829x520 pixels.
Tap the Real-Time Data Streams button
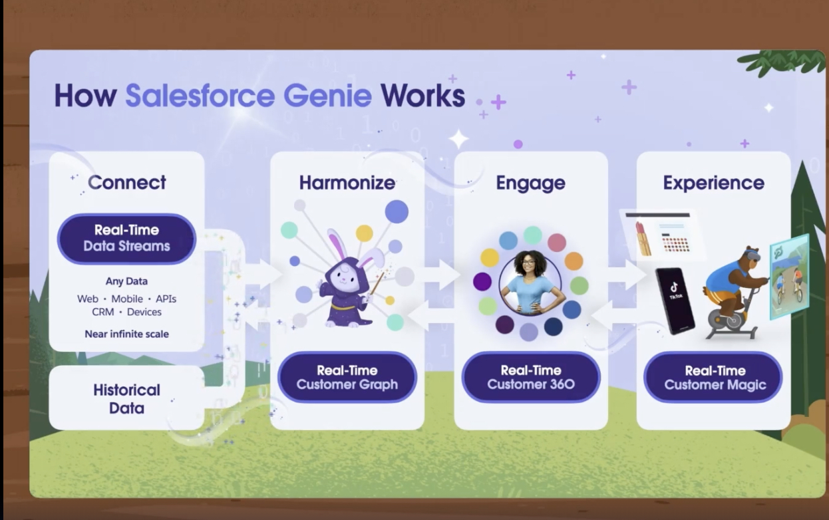coord(126,239)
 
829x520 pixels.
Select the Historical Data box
coord(126,398)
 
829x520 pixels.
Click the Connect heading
coord(126,182)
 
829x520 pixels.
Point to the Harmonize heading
coord(347,183)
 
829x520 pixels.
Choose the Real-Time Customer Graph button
coord(347,377)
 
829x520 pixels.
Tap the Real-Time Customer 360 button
coord(531,377)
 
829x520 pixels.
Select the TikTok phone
coord(675,301)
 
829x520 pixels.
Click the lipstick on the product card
coord(643,239)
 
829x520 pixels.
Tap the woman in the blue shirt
coord(531,283)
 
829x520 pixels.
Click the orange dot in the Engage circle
coord(574,261)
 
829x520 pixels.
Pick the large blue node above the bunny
coord(397,211)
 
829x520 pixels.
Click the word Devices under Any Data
coord(144,312)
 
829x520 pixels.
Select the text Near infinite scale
coord(126,334)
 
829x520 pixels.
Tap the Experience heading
coord(713,183)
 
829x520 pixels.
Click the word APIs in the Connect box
coord(166,299)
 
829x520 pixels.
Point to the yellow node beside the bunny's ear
coord(364,233)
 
